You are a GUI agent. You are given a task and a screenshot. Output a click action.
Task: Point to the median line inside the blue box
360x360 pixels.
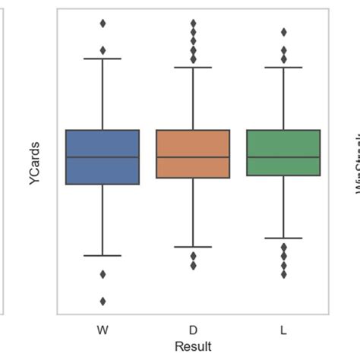click(x=103, y=157)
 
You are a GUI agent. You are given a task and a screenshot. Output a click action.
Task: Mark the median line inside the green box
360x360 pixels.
click(x=283, y=157)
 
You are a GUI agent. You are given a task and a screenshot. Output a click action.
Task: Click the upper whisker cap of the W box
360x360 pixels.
click(x=103, y=58)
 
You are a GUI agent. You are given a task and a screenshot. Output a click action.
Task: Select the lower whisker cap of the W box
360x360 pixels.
click(x=103, y=255)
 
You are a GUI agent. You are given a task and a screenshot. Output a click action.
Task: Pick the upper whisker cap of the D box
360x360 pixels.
click(x=193, y=68)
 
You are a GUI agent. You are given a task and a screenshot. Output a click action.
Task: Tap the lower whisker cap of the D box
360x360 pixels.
click(x=193, y=247)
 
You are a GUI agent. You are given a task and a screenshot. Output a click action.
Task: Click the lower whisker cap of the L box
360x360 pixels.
click(x=283, y=238)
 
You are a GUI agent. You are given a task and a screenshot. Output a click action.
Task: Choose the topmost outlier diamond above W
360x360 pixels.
click(x=103, y=24)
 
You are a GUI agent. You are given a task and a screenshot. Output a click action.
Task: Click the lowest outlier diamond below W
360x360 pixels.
click(x=103, y=301)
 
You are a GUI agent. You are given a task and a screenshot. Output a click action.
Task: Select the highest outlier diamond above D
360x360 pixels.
click(x=193, y=24)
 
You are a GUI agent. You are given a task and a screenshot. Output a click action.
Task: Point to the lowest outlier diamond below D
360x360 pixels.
click(x=193, y=265)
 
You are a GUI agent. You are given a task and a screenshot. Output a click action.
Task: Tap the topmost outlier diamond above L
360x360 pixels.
click(x=283, y=33)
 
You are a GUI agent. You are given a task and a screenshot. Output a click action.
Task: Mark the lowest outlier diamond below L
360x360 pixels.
click(x=283, y=274)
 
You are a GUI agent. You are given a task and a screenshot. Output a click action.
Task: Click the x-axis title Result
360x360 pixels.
click(x=193, y=346)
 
